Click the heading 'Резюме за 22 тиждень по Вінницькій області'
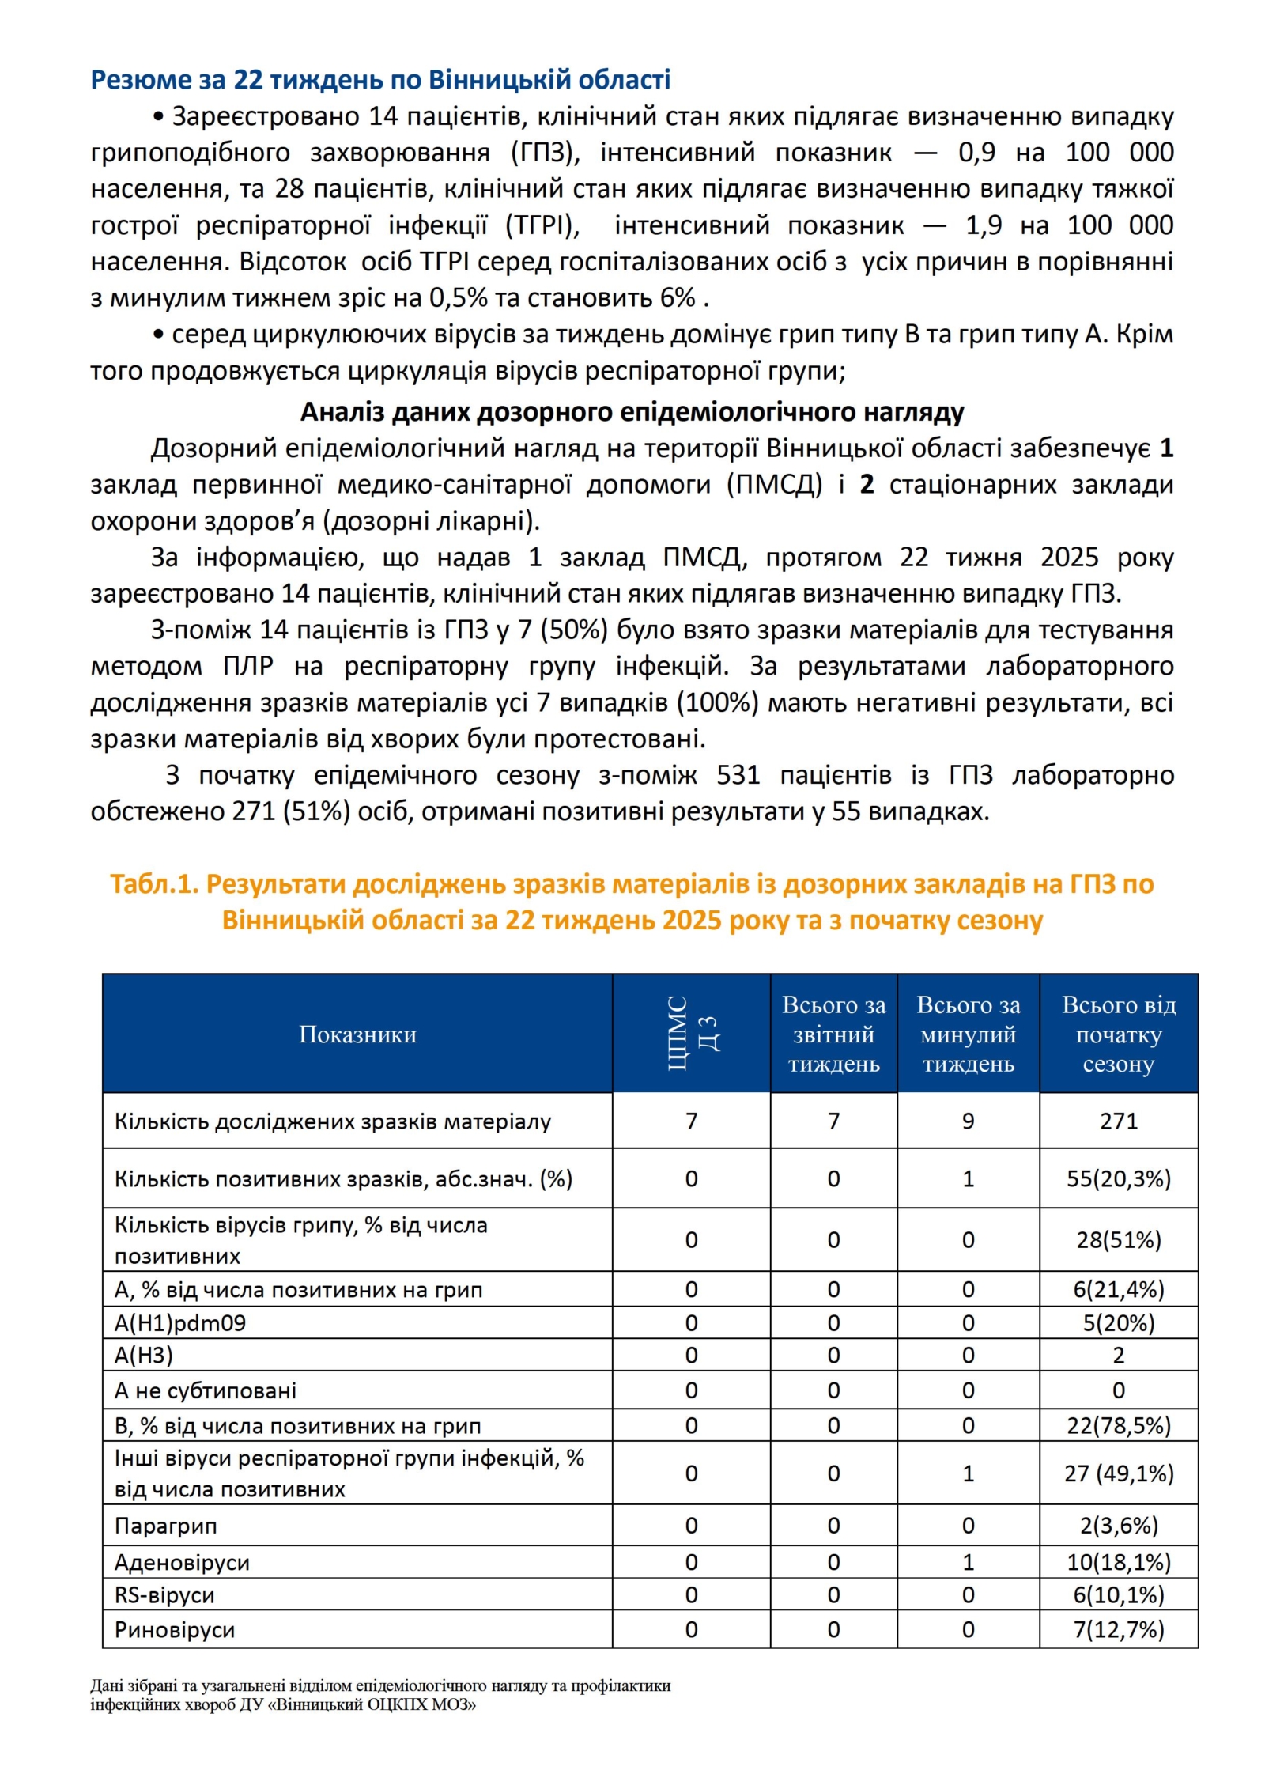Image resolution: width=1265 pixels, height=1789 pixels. click(x=380, y=79)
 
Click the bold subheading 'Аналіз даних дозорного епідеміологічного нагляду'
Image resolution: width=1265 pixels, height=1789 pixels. click(x=632, y=412)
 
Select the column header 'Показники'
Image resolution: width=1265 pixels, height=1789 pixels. click(x=357, y=1034)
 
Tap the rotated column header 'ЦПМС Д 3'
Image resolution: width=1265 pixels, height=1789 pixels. click(x=691, y=1034)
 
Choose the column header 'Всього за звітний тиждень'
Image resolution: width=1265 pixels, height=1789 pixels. click(x=833, y=1034)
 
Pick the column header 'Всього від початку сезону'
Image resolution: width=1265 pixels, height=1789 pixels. click(x=1118, y=1034)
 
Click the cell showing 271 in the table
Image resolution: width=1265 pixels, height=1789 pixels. click(x=1118, y=1121)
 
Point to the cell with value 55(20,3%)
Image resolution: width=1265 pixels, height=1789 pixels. click(x=1118, y=1178)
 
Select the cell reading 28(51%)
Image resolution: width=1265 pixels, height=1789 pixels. click(x=1118, y=1239)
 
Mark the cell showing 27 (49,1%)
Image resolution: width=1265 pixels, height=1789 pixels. click(x=1118, y=1473)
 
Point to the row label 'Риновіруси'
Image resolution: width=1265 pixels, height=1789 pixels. click(x=175, y=1629)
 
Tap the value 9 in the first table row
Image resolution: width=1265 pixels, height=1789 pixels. click(x=968, y=1121)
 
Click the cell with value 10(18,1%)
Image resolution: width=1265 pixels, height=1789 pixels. click(x=1118, y=1562)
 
